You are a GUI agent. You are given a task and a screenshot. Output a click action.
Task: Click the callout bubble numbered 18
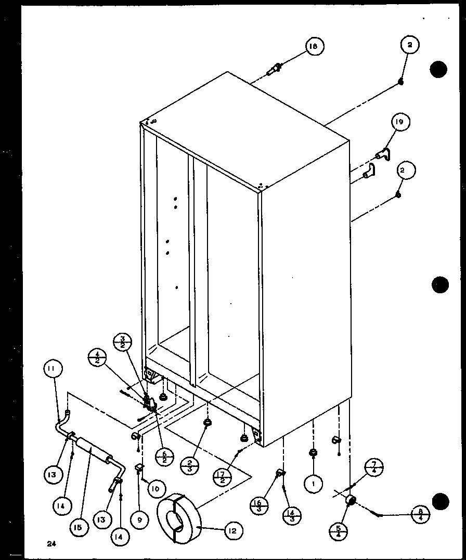tap(314, 46)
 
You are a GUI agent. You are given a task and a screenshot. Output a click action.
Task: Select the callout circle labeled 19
tap(400, 123)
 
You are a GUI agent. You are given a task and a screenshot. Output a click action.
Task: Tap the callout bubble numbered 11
tap(54, 369)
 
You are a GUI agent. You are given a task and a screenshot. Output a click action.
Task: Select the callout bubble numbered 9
tap(139, 520)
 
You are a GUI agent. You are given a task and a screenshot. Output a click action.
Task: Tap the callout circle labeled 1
tap(314, 484)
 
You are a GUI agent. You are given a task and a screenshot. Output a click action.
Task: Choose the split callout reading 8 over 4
tap(420, 515)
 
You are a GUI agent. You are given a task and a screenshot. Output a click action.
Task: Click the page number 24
tap(50, 544)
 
